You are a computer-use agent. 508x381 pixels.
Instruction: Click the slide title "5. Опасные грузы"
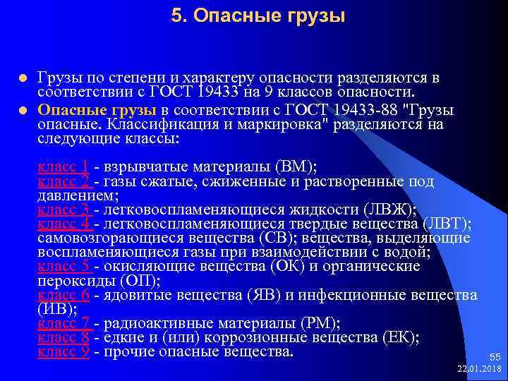click(258, 16)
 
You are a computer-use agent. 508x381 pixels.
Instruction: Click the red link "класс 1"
click(63, 167)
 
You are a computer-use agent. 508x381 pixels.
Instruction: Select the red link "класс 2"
click(63, 181)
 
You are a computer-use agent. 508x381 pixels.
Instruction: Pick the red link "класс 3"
click(63, 210)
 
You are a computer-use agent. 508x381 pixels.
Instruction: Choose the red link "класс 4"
click(63, 224)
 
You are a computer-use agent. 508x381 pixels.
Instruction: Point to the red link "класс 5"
click(63, 266)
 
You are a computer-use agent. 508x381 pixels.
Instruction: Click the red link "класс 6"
click(63, 294)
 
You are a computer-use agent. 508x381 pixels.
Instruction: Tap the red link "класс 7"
click(63, 323)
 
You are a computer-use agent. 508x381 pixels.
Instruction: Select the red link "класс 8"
click(63, 337)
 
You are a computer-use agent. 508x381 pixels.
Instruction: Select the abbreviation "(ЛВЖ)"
click(389, 210)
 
